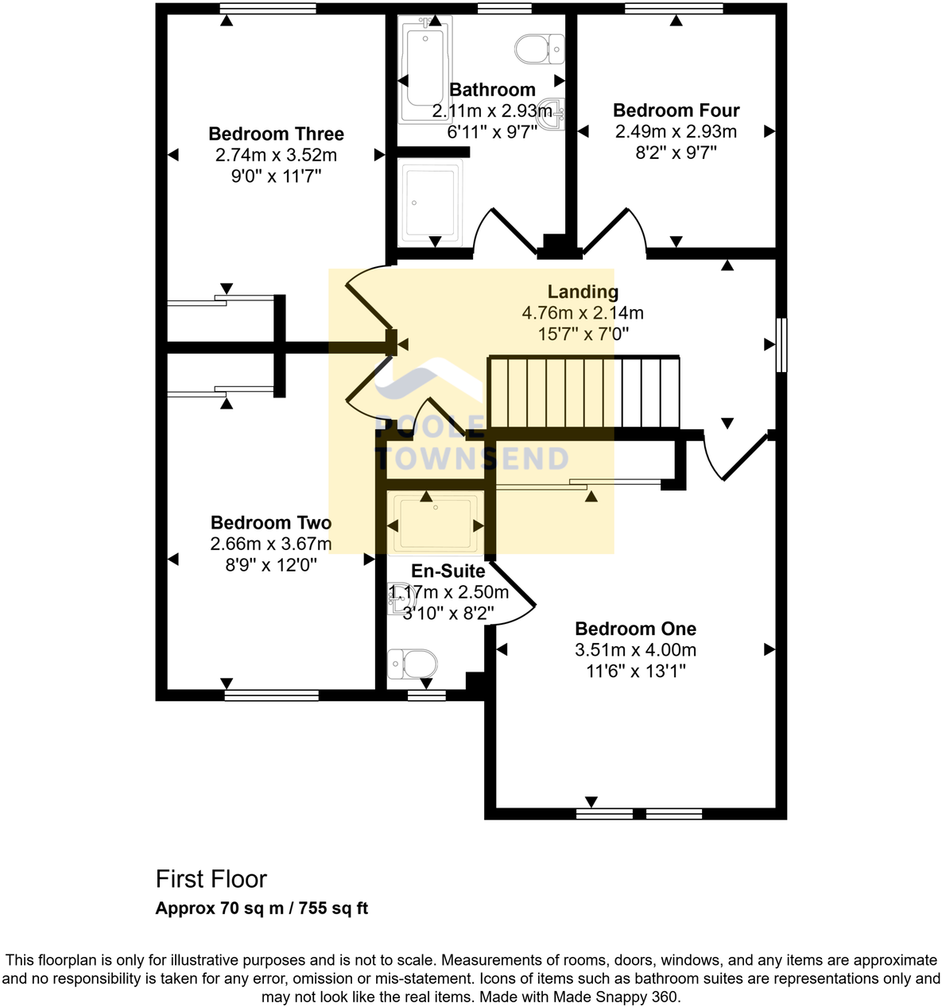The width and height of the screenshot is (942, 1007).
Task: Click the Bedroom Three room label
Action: pyautogui.click(x=276, y=134)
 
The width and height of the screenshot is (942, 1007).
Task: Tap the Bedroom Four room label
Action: pyautogui.click(x=676, y=110)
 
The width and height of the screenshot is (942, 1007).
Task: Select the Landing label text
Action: pyautogui.click(x=582, y=292)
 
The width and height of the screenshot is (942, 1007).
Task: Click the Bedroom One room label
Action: pyautogui.click(x=635, y=629)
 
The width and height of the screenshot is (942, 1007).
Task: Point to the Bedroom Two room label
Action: pyautogui.click(x=270, y=523)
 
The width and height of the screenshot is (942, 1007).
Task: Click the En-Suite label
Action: pyautogui.click(x=448, y=571)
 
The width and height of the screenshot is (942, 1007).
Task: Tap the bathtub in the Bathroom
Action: pyautogui.click(x=426, y=72)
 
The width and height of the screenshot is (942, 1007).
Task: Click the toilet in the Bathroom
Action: pyautogui.click(x=539, y=49)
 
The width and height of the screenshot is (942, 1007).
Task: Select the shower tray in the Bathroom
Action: pyautogui.click(x=431, y=201)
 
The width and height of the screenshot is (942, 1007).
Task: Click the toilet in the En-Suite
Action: pyautogui.click(x=412, y=664)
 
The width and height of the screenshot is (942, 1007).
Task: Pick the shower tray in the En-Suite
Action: pyautogui.click(x=436, y=524)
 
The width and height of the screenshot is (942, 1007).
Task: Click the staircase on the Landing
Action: pyautogui.click(x=583, y=393)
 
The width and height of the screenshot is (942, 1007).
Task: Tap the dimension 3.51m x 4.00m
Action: pyautogui.click(x=635, y=650)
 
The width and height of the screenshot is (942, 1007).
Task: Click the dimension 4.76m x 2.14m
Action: pyautogui.click(x=582, y=313)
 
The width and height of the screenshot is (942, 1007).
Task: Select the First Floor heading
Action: pyautogui.click(x=211, y=879)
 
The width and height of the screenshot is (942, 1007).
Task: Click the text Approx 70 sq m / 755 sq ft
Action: pyautogui.click(x=262, y=908)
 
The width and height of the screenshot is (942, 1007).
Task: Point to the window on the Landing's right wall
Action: pyautogui.click(x=781, y=345)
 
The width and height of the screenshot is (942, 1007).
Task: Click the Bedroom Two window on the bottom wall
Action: pyautogui.click(x=271, y=695)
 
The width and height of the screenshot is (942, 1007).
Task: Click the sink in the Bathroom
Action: pyautogui.click(x=556, y=112)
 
